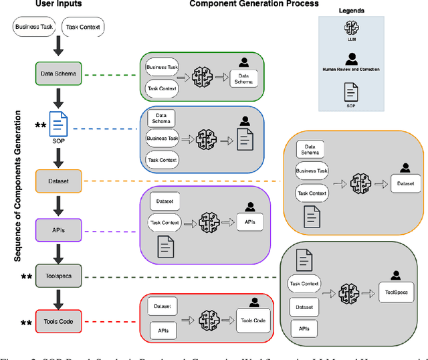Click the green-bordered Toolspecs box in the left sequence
pyautogui.click(x=58, y=277)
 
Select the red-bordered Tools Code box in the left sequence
pyautogui.click(x=58, y=322)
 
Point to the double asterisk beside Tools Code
pyautogui.click(x=26, y=324)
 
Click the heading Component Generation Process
pyautogui.click(x=254, y=5)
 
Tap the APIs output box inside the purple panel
pyautogui.click(x=249, y=221)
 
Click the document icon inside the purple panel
pyautogui.click(x=166, y=247)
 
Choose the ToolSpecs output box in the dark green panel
pyautogui.click(x=396, y=292)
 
